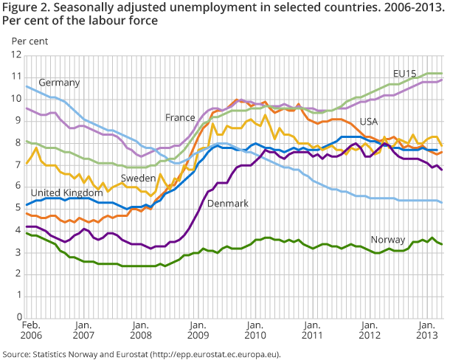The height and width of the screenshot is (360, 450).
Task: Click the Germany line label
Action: tap(59, 82)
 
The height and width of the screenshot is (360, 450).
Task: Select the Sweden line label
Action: tap(138, 178)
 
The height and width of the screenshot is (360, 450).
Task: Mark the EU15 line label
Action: tap(404, 74)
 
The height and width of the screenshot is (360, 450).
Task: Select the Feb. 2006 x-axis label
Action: tap(30, 332)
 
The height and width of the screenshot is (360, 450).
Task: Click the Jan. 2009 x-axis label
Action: tap(198, 332)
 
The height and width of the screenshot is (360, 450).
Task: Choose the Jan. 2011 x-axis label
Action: tap(311, 332)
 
